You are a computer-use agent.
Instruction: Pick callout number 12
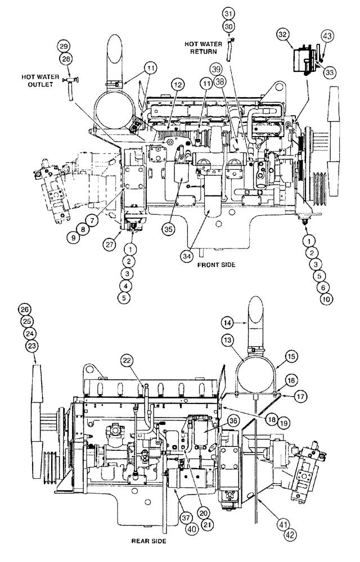163,84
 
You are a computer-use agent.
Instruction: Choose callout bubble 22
128,360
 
